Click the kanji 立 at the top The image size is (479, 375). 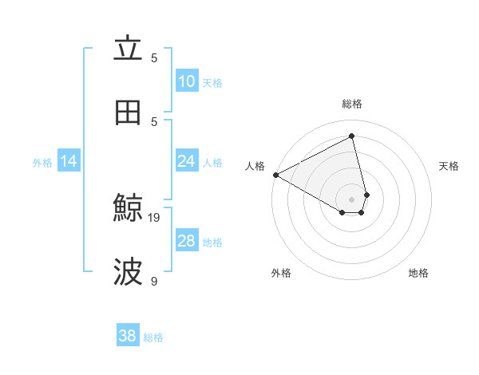pos(128,49)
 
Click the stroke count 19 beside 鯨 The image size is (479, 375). pos(154,217)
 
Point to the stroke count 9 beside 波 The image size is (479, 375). pos(154,281)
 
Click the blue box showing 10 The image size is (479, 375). pos(187,81)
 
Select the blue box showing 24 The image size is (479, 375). pos(187,161)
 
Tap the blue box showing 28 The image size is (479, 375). pos(187,241)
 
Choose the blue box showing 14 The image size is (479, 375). pos(69,161)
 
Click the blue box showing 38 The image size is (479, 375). pos(128,336)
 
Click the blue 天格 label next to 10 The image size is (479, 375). pos(212,82)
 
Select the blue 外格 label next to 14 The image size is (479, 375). pos(42,162)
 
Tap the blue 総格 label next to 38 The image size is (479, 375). pos(153,337)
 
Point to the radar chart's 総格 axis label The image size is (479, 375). pos(352,104)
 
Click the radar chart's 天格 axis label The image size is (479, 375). pos(449,166)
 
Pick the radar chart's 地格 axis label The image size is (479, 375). pos(418,273)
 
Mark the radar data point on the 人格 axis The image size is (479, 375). pos(275,175)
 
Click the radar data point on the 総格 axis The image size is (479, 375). pos(352,136)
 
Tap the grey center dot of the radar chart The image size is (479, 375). pos(352,199)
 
